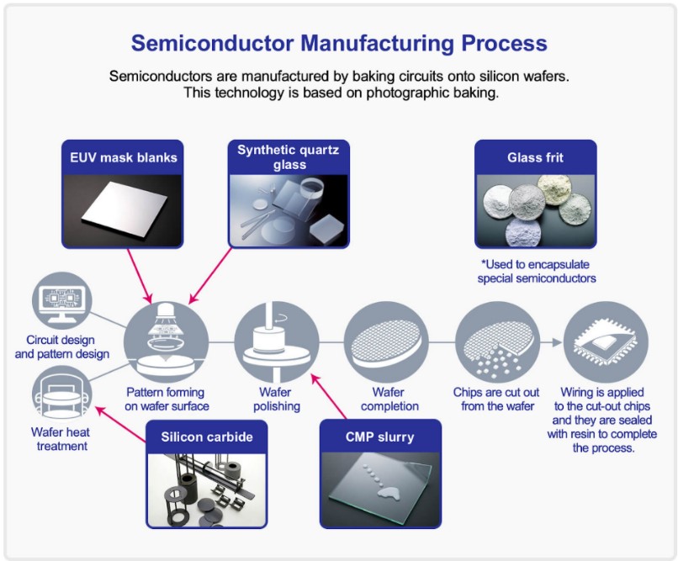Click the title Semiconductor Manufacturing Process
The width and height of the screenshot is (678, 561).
point(339,43)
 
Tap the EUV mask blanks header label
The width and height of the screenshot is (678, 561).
point(124,157)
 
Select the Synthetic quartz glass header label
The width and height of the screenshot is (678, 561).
point(288,157)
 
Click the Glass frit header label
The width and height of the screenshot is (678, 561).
point(535,157)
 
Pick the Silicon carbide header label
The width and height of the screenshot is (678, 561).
point(207,437)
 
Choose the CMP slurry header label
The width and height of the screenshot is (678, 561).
point(379,437)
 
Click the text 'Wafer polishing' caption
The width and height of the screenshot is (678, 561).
point(277,400)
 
